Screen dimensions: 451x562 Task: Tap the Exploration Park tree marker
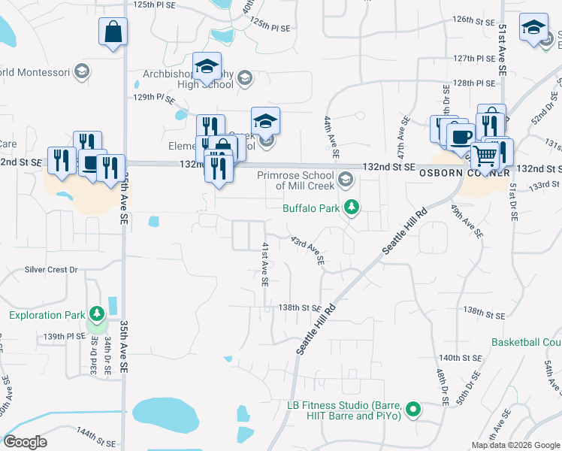tap(96, 313)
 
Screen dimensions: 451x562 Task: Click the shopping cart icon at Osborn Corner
tap(485, 156)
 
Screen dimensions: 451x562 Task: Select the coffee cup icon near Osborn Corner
tap(461, 137)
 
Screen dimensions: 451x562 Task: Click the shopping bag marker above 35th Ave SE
tap(113, 32)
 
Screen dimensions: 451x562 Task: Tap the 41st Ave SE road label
tap(264, 264)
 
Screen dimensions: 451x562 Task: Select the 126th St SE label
tap(472, 20)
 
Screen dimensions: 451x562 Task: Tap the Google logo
tap(25, 442)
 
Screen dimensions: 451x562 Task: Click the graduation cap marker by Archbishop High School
tap(207, 66)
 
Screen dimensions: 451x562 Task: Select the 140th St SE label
tap(460, 357)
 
